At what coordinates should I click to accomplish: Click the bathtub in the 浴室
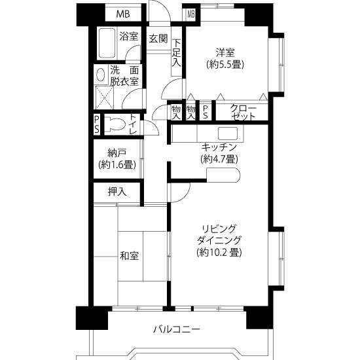tap(107, 43)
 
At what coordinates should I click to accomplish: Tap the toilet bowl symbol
tap(115, 124)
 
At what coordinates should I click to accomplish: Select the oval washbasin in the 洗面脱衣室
tap(100, 75)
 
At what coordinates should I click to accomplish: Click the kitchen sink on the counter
tap(228, 134)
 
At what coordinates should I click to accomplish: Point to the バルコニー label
tap(177, 330)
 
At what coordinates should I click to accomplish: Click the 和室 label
tap(130, 256)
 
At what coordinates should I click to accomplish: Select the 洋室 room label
tap(225, 53)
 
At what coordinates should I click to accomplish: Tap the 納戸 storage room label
tap(117, 153)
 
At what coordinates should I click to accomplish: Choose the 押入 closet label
tap(117, 192)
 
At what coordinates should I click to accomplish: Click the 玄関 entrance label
tap(158, 39)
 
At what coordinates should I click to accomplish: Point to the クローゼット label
tap(243, 112)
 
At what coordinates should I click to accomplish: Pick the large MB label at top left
tap(123, 14)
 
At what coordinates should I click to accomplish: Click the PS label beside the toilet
tap(97, 124)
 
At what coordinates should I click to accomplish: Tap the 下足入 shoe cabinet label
tap(177, 54)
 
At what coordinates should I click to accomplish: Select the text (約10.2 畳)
tap(219, 253)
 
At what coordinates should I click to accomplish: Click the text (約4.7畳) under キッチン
tap(219, 159)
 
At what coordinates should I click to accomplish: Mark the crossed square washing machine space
tap(105, 98)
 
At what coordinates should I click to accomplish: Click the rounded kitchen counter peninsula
tap(223, 175)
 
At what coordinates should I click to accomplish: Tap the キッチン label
tap(219, 147)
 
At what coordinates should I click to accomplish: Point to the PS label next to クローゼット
tap(206, 113)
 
